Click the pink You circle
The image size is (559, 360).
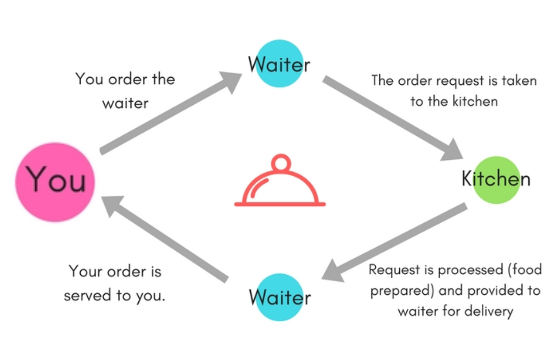[x=55, y=182]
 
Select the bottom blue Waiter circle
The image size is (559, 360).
[x=279, y=297]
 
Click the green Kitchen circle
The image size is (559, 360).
[x=496, y=180]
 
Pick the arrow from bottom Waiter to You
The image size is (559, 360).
[x=163, y=239]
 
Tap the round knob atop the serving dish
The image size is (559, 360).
[x=280, y=163]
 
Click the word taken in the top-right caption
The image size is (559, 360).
[x=518, y=81]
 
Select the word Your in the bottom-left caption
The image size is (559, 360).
[x=86, y=271]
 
